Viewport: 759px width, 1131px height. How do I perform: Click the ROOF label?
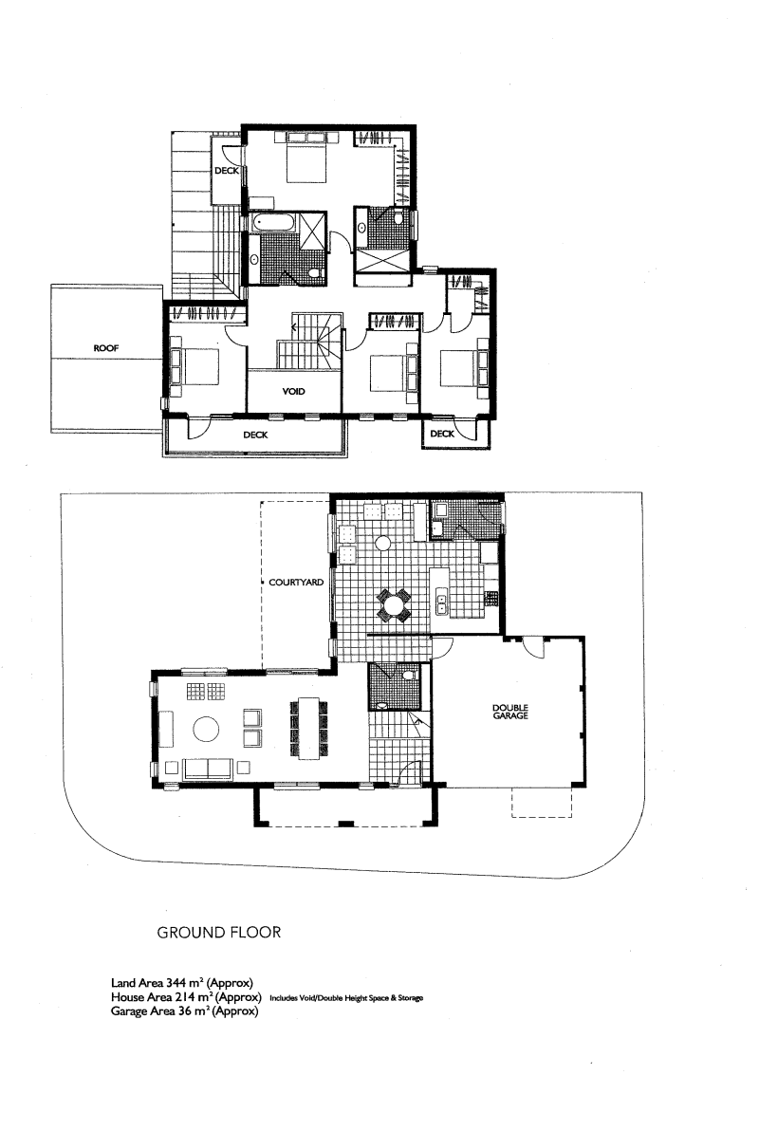[106, 348]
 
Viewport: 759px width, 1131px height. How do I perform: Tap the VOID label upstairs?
[294, 392]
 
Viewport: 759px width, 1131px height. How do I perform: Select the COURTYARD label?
[296, 582]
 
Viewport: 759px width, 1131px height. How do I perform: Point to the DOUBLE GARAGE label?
[510, 712]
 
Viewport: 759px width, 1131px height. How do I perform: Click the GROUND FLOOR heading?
[218, 933]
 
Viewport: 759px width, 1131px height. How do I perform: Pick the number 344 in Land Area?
[176, 982]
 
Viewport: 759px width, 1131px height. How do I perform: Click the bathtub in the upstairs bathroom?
[272, 222]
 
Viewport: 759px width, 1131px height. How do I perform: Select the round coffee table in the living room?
[206, 730]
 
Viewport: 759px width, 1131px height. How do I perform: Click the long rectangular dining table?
[308, 728]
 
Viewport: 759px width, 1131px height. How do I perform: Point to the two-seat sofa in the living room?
[208, 769]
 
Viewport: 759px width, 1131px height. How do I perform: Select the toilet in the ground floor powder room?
[409, 676]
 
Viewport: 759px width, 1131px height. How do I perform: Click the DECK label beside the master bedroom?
[227, 171]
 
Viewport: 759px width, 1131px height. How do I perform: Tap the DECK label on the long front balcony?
[255, 435]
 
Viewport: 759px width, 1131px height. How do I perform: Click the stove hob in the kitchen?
[491, 598]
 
